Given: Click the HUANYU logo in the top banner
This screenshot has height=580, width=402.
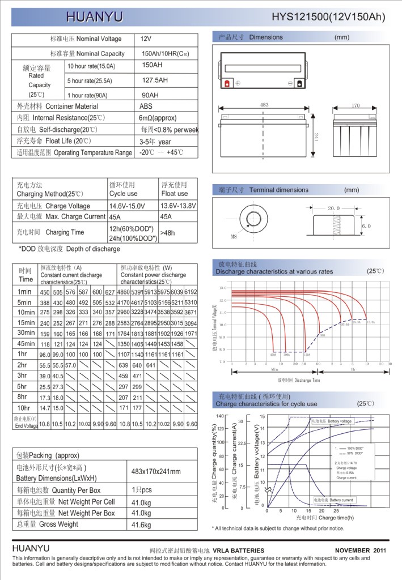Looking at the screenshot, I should pos(94,17).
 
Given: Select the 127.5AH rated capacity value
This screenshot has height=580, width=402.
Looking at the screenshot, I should pos(155,80).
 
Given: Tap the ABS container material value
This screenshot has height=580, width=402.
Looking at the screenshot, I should pos(146,106).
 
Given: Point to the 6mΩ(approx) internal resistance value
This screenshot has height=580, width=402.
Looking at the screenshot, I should pos(158,118).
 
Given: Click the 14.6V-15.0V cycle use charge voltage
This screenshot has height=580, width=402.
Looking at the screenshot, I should pos(127,206).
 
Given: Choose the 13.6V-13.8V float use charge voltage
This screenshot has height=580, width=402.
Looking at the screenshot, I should pos(179,205).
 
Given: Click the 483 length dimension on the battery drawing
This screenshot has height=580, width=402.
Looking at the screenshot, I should pos(264,105).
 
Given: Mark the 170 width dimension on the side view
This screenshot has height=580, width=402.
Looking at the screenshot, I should pos(356,105).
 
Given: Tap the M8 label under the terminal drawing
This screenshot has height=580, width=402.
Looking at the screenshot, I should pos(234,237).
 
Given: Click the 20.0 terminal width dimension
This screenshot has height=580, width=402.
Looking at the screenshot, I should pos(333,208).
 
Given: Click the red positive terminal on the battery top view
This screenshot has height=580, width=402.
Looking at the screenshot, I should pos(227,83).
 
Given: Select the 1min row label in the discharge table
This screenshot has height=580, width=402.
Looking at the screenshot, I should pos(25,292).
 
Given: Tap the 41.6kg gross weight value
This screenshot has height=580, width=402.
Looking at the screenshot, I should pos(141,525).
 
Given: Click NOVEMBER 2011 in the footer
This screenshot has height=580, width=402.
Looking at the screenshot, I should pos(361,550).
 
